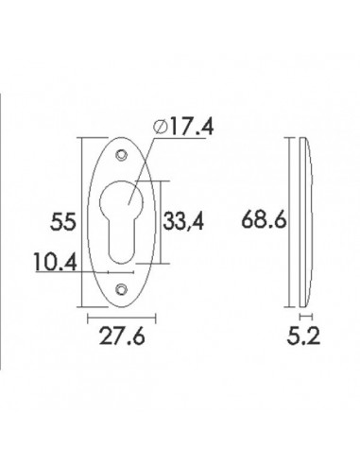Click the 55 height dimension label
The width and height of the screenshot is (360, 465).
point(63,221)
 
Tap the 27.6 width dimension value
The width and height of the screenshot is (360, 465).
point(122,336)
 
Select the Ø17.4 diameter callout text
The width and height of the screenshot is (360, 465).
point(183,127)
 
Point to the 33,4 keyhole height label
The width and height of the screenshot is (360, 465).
point(183,221)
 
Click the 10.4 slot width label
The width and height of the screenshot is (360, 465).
point(56,262)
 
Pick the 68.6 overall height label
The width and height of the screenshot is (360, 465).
point(264,219)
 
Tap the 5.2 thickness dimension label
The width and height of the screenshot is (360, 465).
point(303,336)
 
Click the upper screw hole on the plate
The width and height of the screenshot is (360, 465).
point(121,155)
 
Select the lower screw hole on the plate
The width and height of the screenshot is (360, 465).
point(121,289)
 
